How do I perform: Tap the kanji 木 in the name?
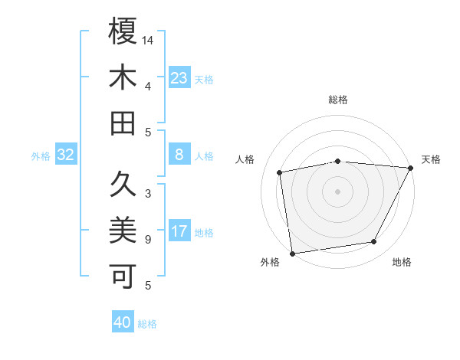(x=123, y=78)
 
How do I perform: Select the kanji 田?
(x=123, y=124)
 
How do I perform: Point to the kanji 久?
(x=123, y=184)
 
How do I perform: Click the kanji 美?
(x=123, y=230)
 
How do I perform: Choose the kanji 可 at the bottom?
(x=123, y=277)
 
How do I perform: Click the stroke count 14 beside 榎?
(x=149, y=39)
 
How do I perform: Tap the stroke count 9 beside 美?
(x=148, y=240)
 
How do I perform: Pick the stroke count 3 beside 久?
(x=148, y=194)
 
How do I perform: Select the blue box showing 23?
(x=179, y=78)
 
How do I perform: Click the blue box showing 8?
(x=179, y=155)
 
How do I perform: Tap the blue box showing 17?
(x=179, y=232)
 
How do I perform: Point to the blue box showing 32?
(x=66, y=155)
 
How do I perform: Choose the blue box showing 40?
(x=123, y=322)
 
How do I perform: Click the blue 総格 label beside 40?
(x=147, y=324)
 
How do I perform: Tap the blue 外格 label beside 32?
(x=41, y=156)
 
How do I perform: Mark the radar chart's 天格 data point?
(x=411, y=168)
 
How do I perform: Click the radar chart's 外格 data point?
(x=292, y=253)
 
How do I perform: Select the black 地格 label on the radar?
(x=402, y=263)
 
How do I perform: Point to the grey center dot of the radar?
(x=337, y=191)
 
